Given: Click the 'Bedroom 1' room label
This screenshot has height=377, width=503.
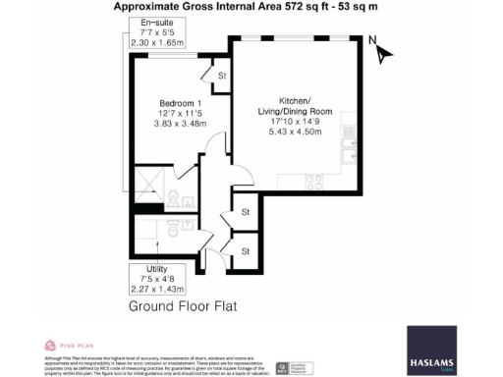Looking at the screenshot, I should [x=181, y=103].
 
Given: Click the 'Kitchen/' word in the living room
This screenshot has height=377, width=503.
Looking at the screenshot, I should [x=296, y=102].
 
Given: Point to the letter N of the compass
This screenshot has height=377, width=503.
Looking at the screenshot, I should [x=371, y=41].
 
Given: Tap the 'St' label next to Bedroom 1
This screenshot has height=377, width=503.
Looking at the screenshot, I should [x=222, y=76].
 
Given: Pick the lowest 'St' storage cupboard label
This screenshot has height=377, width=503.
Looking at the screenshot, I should [x=246, y=251].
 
